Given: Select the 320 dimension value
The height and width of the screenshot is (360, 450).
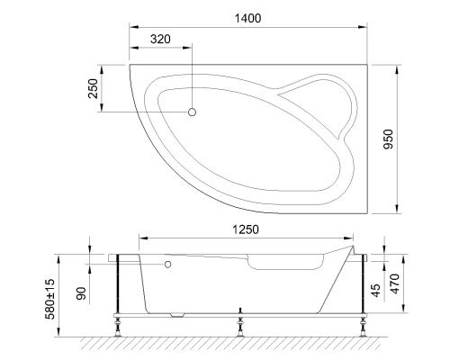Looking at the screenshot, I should [160, 41].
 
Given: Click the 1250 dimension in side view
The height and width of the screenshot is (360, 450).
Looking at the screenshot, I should [242, 229].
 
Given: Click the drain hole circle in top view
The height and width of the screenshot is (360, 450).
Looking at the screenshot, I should [192, 112].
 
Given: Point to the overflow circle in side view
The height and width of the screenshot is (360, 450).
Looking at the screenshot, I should [167, 265].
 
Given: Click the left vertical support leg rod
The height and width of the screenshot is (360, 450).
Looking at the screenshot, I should [119, 286].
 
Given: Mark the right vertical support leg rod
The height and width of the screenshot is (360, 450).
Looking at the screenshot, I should [362, 286].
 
